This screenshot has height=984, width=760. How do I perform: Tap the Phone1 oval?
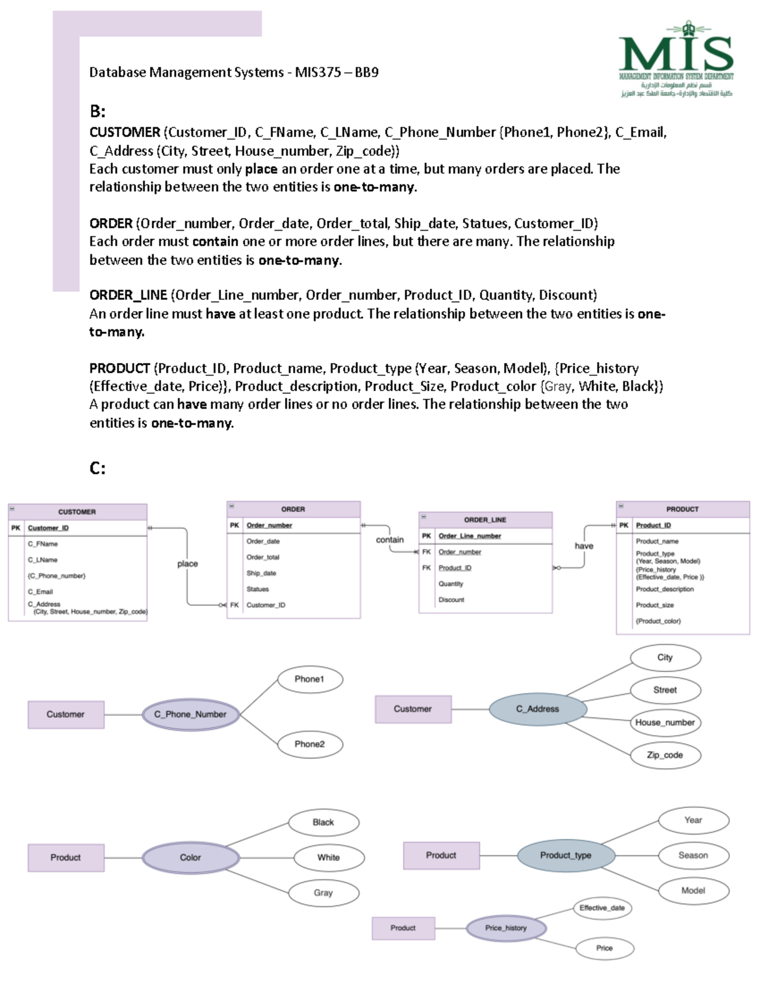pos(310,679)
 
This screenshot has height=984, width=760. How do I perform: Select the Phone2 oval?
pos(310,744)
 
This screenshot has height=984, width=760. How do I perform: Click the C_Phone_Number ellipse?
pos(190,715)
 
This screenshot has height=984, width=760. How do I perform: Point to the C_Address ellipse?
pos(538,709)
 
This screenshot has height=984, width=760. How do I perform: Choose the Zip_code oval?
pos(665,755)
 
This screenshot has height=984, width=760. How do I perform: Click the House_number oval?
pos(665,722)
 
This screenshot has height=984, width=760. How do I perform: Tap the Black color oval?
pos(323,822)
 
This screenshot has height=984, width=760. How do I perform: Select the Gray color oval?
pos(323,893)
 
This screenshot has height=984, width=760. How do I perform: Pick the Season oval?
pos(693,855)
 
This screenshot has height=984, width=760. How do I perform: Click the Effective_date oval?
pos(602,908)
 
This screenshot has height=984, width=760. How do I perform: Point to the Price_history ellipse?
pos(505,928)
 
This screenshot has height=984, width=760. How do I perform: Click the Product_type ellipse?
pos(566,855)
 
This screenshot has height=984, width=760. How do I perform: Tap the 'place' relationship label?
pos(187,564)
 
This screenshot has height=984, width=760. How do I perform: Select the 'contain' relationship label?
pos(389,540)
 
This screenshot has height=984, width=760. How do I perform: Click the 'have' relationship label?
pos(584,546)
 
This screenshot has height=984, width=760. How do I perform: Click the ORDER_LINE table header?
pos(485,520)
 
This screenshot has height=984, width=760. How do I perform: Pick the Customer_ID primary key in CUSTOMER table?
pos(48,528)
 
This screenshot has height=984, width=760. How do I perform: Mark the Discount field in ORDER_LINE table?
pos(452,600)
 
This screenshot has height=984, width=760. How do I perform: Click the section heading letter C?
pos(98,469)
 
